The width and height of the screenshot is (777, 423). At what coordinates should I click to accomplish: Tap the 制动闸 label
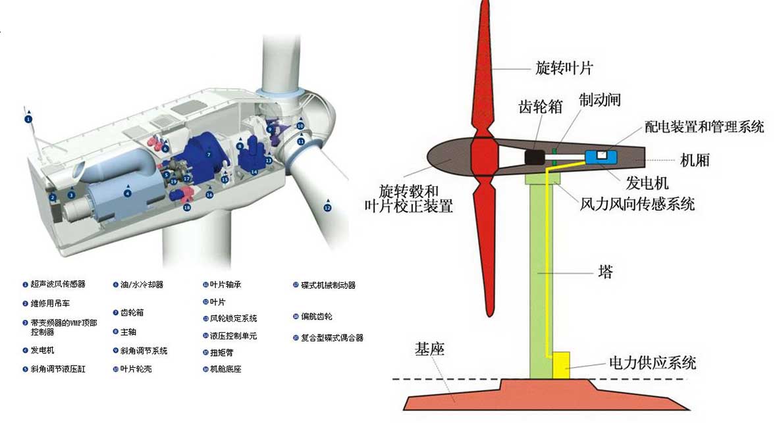click(599, 100)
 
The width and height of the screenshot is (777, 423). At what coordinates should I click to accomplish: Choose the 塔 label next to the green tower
click(605, 272)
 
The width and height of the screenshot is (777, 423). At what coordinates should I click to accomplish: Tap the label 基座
click(429, 349)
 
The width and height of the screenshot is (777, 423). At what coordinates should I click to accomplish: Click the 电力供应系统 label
click(652, 362)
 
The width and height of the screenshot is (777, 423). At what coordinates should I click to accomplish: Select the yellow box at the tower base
click(561, 365)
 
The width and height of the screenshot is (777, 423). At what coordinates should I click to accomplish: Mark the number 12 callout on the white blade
click(327, 208)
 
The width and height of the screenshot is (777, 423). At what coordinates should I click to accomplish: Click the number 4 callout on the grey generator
click(128, 193)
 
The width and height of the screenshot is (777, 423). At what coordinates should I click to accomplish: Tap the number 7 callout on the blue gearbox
click(208, 155)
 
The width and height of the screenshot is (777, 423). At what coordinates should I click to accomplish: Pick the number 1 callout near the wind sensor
click(28, 120)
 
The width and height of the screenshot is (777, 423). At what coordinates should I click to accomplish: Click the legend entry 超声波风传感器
click(58, 285)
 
